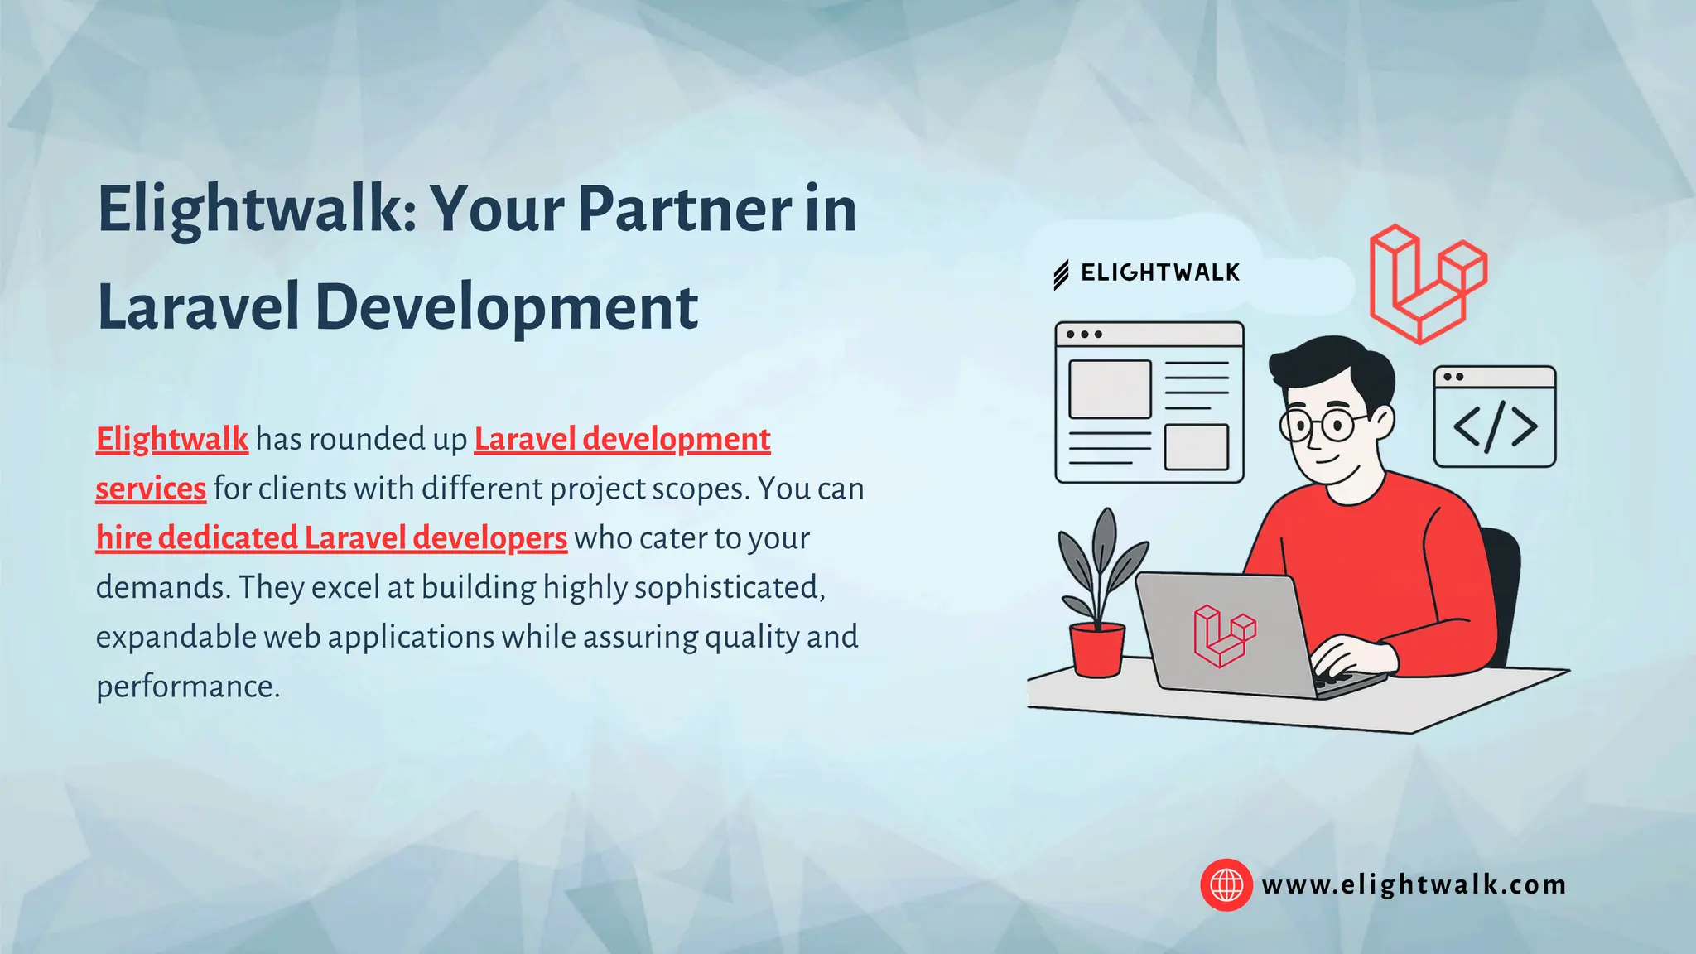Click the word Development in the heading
click(x=506, y=307)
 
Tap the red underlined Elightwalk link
click(x=171, y=439)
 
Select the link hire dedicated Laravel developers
click(x=331, y=538)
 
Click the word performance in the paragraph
click(x=186, y=687)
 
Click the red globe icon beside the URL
click(x=1226, y=884)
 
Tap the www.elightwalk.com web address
click(x=1414, y=884)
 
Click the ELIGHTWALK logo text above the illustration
click(x=1159, y=272)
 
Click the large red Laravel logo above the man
click(x=1426, y=283)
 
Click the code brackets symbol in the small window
click(x=1495, y=427)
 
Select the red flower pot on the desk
click(x=1096, y=650)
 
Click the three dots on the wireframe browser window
click(x=1083, y=335)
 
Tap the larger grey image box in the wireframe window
click(x=1110, y=389)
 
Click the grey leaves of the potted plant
click(x=1101, y=555)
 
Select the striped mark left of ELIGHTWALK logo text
click(x=1061, y=275)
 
